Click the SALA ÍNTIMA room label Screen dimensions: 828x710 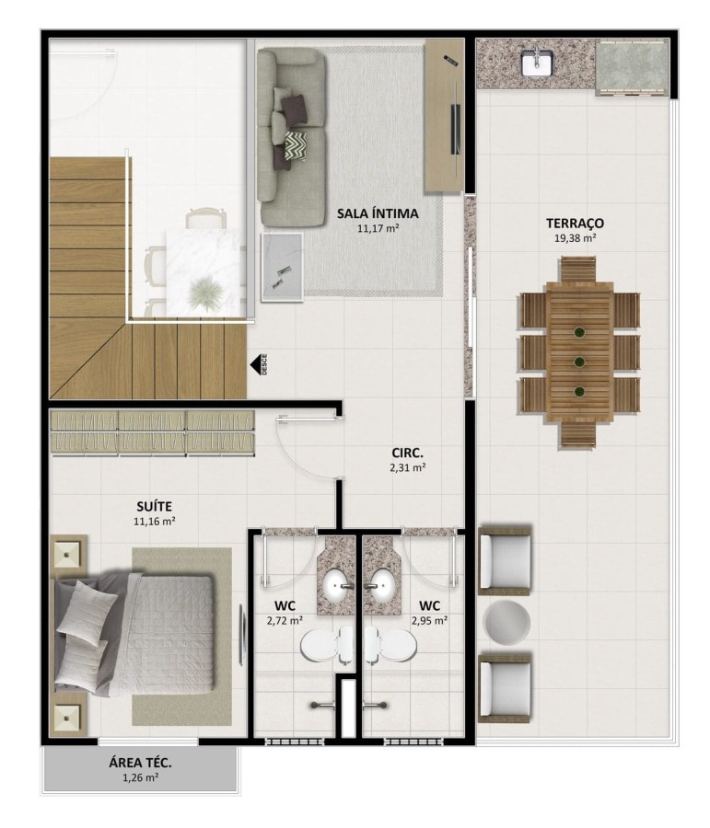click(x=378, y=213)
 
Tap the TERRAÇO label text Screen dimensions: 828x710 click(x=574, y=223)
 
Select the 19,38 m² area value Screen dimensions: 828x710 click(x=574, y=238)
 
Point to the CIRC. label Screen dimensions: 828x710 click(x=405, y=453)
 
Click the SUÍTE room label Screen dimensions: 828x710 click(x=154, y=506)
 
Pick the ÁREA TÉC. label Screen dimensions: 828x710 click(x=141, y=763)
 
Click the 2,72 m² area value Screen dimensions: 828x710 click(x=284, y=621)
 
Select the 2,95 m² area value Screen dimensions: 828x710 click(x=428, y=621)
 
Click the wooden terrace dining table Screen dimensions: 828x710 click(x=579, y=351)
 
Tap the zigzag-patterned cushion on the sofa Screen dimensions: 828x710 click(x=296, y=144)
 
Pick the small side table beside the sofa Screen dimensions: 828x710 click(x=282, y=267)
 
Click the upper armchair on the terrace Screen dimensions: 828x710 click(x=506, y=560)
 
